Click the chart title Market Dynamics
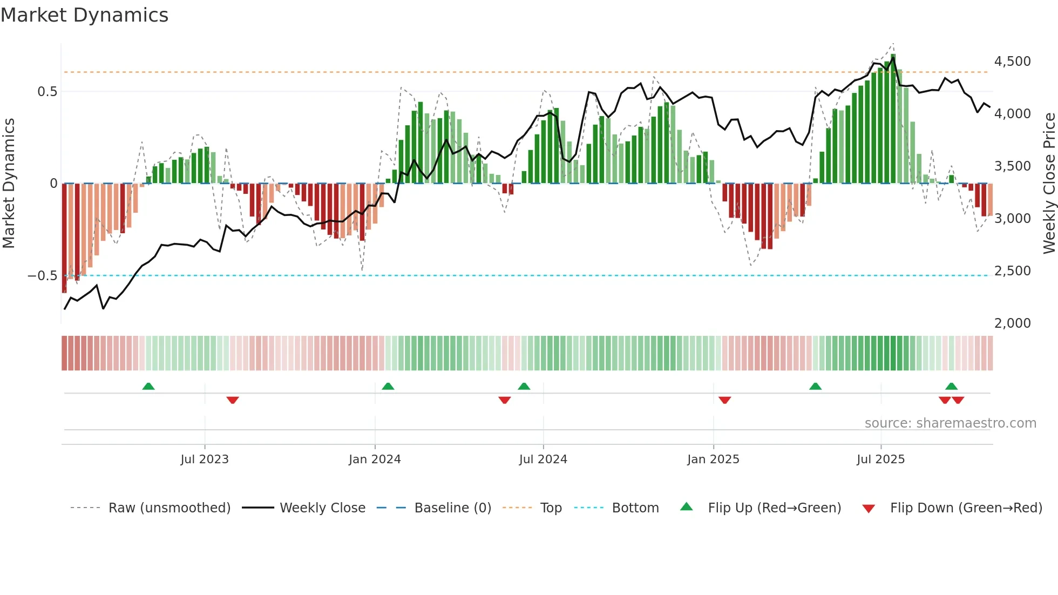click(84, 15)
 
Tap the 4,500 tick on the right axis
click(1012, 62)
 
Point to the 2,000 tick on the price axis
click(1012, 323)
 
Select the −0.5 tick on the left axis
click(42, 276)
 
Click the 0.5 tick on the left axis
click(47, 92)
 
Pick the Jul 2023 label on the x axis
click(205, 459)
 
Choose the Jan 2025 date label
click(713, 459)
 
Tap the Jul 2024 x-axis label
click(543, 459)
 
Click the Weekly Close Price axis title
click(1049, 184)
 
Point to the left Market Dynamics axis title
click(9, 184)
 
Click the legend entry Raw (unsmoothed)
click(169, 508)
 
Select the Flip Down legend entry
click(966, 508)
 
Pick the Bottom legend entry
click(635, 508)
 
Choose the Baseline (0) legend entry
click(452, 508)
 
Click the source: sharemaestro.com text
click(950, 423)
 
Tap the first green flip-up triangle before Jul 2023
click(148, 386)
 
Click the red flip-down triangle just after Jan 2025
click(724, 400)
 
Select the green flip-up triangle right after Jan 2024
click(388, 386)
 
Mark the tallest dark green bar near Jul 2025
click(893, 119)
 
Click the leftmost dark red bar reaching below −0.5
click(64, 238)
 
